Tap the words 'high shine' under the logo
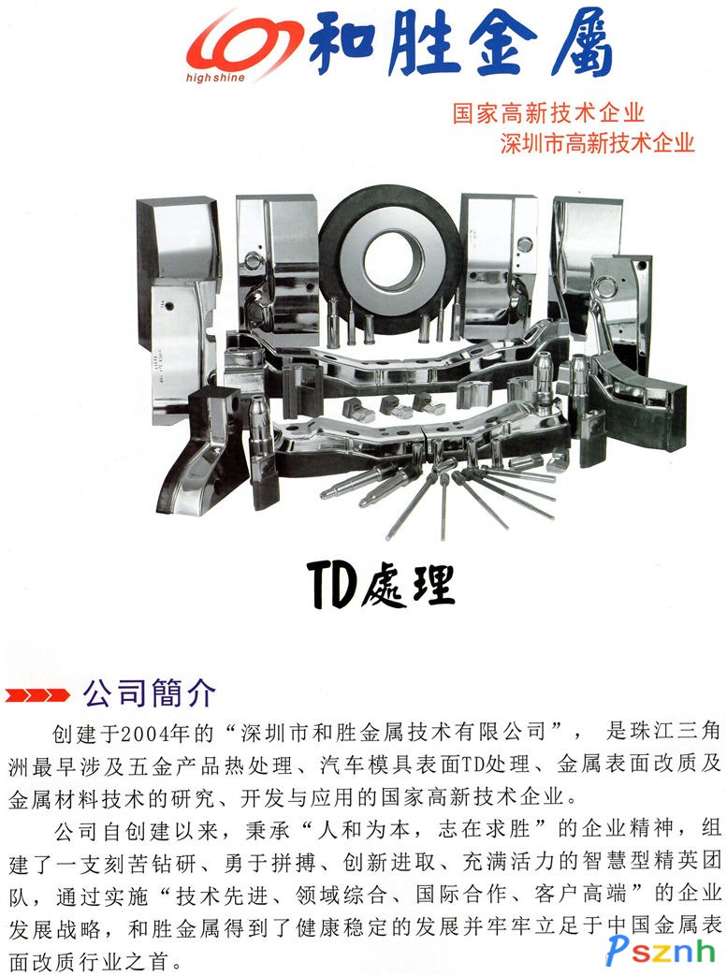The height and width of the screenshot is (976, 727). tap(215, 78)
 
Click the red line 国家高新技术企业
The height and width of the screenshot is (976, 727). tap(547, 112)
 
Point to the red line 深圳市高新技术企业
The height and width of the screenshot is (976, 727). tap(597, 142)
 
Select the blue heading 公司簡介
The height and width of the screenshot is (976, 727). tap(150, 692)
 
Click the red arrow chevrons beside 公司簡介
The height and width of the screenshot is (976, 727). tap(36, 694)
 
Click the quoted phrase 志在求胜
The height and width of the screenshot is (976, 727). tap(484, 829)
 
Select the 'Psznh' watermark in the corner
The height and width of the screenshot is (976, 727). tap(661, 951)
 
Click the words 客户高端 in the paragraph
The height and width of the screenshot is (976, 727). tap(580, 895)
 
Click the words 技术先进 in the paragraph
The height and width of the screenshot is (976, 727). tap(222, 896)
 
